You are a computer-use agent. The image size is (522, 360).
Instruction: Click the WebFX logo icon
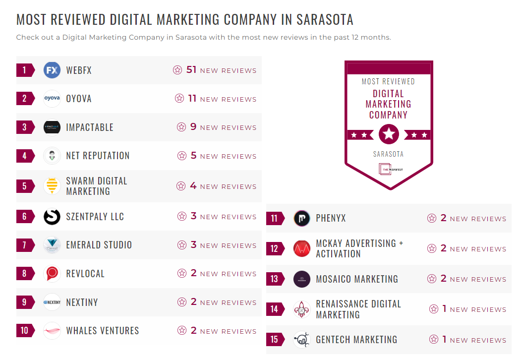(x=52, y=70)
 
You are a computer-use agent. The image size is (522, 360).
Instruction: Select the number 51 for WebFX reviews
(x=192, y=70)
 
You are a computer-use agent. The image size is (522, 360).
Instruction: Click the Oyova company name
(x=79, y=99)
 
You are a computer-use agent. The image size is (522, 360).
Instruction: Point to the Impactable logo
(x=52, y=127)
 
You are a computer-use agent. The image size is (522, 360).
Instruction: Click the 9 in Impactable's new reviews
(x=193, y=127)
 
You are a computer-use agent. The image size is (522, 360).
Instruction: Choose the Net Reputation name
(x=98, y=156)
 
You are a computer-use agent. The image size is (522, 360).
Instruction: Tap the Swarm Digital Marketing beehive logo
(x=52, y=186)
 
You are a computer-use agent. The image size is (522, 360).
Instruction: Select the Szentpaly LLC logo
(x=52, y=217)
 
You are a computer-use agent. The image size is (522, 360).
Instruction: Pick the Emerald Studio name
(x=99, y=245)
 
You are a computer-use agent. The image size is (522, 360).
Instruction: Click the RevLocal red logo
(x=52, y=274)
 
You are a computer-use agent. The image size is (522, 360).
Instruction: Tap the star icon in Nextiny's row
(x=182, y=302)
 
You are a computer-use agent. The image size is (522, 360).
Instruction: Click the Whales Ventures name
(x=103, y=331)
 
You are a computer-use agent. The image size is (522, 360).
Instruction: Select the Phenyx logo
(x=302, y=218)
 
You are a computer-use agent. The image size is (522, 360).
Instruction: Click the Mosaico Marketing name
(x=357, y=279)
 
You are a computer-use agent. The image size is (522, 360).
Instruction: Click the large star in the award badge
(x=389, y=134)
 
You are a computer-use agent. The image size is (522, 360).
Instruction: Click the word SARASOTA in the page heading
(x=325, y=20)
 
